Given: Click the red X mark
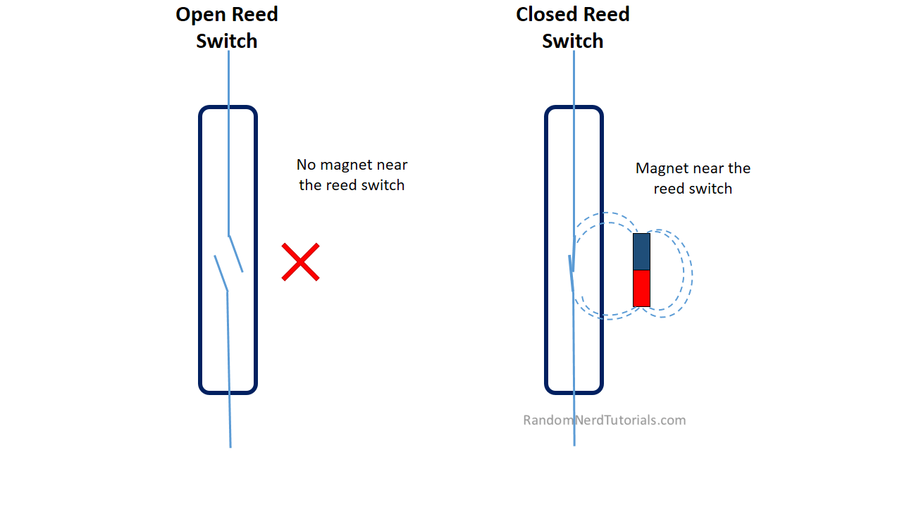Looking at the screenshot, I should pos(301,262).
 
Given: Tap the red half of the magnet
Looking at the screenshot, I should pos(641,288).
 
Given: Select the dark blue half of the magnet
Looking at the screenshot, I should pos(641,251).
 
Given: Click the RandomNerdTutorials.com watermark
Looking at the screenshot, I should pos(604,420).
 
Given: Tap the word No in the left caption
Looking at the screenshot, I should pos(306,165).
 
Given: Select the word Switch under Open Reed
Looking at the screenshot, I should pos(226,41).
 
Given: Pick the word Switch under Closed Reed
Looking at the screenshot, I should pos(572,41).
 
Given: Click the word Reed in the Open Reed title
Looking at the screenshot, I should pos(255,15).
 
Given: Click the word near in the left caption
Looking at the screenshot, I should pos(390,165).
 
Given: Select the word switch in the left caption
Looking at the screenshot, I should pos(384,185).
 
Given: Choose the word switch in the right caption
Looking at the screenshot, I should pos(710,189).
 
